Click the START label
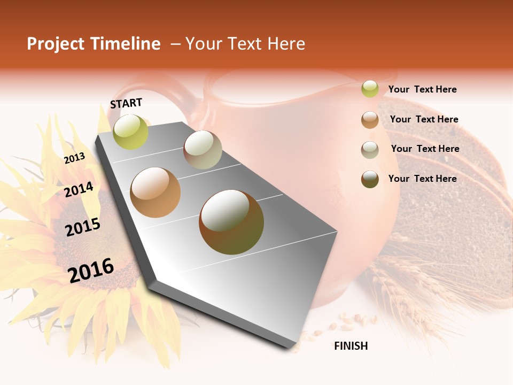coord(126,103)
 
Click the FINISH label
coord(351,346)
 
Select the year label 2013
coord(74,158)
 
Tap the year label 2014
coord(79,189)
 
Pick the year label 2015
coord(82,227)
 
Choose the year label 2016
coord(91,270)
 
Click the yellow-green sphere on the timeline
coord(130,132)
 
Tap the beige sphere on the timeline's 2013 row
coord(203,150)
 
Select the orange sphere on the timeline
coord(156,192)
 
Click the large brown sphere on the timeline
coord(231,221)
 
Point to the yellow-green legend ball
coord(370,89)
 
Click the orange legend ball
coord(370,120)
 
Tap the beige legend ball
coord(370,150)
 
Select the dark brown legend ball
coord(370,179)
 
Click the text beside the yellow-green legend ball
coord(422,89)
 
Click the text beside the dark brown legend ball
coord(422,179)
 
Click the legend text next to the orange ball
coord(424,119)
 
